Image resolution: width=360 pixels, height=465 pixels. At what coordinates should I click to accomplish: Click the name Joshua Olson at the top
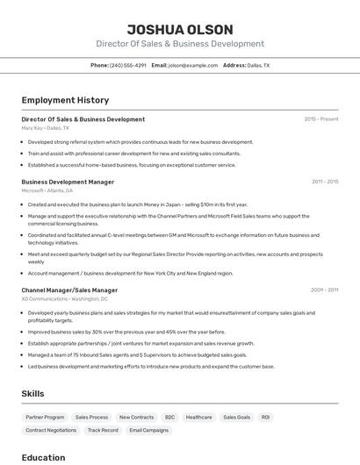point(179,29)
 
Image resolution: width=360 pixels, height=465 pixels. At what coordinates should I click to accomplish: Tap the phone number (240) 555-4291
point(128,66)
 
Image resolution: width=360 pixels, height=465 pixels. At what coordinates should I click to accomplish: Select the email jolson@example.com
point(193,66)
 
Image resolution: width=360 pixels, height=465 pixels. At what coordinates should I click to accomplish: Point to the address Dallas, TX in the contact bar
point(258,66)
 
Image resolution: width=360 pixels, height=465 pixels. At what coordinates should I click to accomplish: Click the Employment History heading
point(65,100)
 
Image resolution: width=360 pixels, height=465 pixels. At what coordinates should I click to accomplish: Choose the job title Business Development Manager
point(68,182)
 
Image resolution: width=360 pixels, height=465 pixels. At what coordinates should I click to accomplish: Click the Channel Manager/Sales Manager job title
point(69,290)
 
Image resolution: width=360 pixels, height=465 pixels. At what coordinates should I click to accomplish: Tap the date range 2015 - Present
point(320,119)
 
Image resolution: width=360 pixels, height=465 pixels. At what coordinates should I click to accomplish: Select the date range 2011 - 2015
point(324,182)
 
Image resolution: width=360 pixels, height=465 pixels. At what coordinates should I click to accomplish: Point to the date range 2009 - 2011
point(324,290)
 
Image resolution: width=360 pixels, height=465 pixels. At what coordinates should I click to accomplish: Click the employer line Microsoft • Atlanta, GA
point(47,190)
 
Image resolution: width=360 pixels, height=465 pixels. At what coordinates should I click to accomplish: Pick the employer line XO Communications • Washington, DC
point(65,298)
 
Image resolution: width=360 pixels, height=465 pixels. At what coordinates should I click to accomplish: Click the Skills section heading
point(32,394)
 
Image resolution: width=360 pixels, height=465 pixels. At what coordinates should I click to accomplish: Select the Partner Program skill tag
point(45,418)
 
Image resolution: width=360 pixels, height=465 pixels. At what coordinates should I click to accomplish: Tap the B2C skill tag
point(169,418)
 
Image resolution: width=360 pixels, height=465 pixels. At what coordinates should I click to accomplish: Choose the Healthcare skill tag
point(198,418)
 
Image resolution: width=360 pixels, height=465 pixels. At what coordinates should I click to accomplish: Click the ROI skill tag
point(265,418)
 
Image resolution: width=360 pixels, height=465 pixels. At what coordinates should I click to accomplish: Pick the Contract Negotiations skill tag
point(51,431)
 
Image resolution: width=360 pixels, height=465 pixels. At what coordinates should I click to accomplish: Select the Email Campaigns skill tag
point(148,431)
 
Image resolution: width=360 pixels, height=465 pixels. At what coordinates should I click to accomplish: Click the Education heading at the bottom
point(43,457)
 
